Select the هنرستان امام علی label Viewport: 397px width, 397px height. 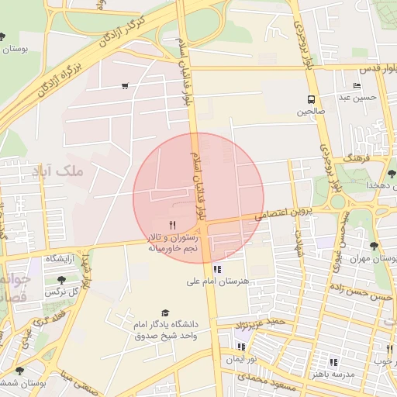(x=218, y=281)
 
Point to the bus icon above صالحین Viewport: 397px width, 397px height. (x=311, y=99)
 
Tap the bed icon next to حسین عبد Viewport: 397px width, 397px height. (x=356, y=85)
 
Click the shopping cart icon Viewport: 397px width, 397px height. (x=125, y=86)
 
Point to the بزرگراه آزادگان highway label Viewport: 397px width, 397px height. (x=56, y=85)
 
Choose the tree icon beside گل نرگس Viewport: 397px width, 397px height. (x=61, y=280)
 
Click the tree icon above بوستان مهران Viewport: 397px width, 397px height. (x=374, y=246)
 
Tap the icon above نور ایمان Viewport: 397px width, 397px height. (x=241, y=347)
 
